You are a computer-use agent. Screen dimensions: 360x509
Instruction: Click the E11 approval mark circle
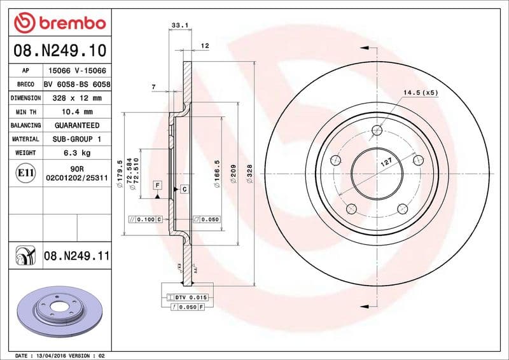coord(26,172)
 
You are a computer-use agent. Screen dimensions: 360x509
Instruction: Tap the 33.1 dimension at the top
coord(179,25)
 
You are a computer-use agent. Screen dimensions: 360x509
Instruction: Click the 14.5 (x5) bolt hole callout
coord(421,93)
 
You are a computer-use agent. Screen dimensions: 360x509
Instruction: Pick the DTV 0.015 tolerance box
coord(191,298)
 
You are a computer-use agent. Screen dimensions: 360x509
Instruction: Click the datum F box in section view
coord(156,185)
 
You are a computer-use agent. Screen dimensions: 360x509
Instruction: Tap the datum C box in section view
coord(183,189)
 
